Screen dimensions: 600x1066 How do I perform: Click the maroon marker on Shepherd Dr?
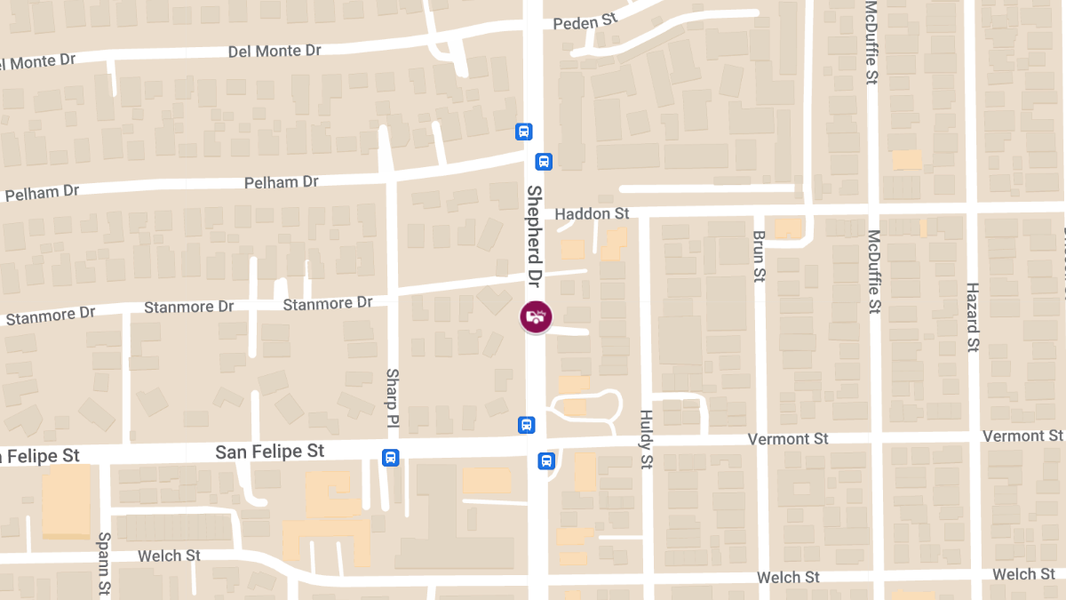coord(536,316)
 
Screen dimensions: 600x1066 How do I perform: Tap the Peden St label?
coord(584,23)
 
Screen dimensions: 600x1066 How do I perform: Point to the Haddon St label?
coord(592,213)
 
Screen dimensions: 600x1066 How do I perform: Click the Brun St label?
coord(760,256)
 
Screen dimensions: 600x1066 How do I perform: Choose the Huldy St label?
coord(647,439)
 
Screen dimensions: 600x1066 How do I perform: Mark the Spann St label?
coord(104,576)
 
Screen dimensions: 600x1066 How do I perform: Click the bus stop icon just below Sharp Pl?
coord(390,458)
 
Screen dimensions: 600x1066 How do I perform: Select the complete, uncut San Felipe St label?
coord(270,452)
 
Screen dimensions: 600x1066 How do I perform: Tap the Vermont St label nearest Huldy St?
coord(788,439)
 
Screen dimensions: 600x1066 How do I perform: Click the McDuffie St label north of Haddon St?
coord(871,43)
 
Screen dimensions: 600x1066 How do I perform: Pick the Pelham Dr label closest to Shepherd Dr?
coord(282,182)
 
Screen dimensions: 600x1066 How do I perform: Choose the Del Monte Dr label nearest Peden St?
coord(274,51)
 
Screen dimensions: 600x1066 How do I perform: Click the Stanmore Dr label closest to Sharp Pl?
coord(328,304)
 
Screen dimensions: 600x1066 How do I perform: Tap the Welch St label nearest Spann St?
coord(169,556)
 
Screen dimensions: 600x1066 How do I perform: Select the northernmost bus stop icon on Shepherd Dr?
coord(524,132)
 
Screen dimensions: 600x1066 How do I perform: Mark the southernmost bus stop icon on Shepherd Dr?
coord(545,460)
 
